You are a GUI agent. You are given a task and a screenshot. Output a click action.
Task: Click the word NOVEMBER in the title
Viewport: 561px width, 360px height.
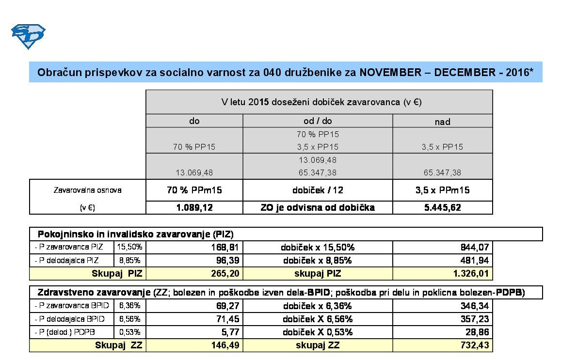pyautogui.click(x=390, y=73)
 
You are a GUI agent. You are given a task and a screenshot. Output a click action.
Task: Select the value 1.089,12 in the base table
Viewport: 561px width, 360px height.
pyautogui.click(x=194, y=207)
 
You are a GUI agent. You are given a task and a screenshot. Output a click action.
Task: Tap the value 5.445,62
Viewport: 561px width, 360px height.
pyautogui.click(x=442, y=207)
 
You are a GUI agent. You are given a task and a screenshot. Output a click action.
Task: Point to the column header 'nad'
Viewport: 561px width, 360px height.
pyautogui.click(x=442, y=122)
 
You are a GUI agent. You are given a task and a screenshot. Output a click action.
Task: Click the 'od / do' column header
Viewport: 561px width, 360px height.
pyautogui.click(x=318, y=121)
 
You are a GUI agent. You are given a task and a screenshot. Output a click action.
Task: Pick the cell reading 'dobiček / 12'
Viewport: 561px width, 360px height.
pyautogui.click(x=318, y=190)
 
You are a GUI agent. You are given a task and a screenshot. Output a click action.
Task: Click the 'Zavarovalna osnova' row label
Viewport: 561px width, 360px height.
pyautogui.click(x=87, y=190)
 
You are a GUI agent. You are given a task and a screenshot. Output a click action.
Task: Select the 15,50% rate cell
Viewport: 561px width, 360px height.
pyautogui.click(x=129, y=247)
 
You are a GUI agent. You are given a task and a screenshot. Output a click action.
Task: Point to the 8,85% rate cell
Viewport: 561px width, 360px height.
pyautogui.click(x=129, y=260)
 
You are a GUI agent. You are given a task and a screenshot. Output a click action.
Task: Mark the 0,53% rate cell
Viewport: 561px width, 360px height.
pyautogui.click(x=129, y=332)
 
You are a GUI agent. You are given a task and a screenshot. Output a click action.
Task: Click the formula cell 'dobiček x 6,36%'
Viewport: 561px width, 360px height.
pyautogui.click(x=318, y=306)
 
